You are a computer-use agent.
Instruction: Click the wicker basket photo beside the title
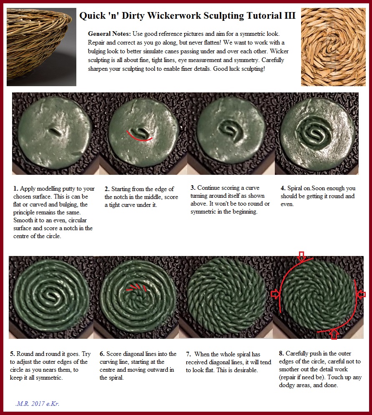(x=41, y=47)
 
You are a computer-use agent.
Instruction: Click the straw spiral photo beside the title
(x=333, y=47)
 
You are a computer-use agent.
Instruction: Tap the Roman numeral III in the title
(x=290, y=15)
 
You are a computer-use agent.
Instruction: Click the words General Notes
(x=109, y=34)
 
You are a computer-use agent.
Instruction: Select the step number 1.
(x=16, y=189)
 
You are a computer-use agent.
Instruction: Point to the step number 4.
(x=283, y=188)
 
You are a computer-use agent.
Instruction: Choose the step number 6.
(x=102, y=354)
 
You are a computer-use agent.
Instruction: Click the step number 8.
(x=282, y=353)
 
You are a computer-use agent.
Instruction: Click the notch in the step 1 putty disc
(x=55, y=131)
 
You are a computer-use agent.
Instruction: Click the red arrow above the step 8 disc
(x=302, y=256)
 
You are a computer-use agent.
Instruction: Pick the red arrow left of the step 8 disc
(x=275, y=294)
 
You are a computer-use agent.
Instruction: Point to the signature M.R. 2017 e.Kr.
(x=38, y=404)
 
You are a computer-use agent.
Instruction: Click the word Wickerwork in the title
(x=174, y=15)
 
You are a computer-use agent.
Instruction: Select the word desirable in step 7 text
(x=245, y=370)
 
